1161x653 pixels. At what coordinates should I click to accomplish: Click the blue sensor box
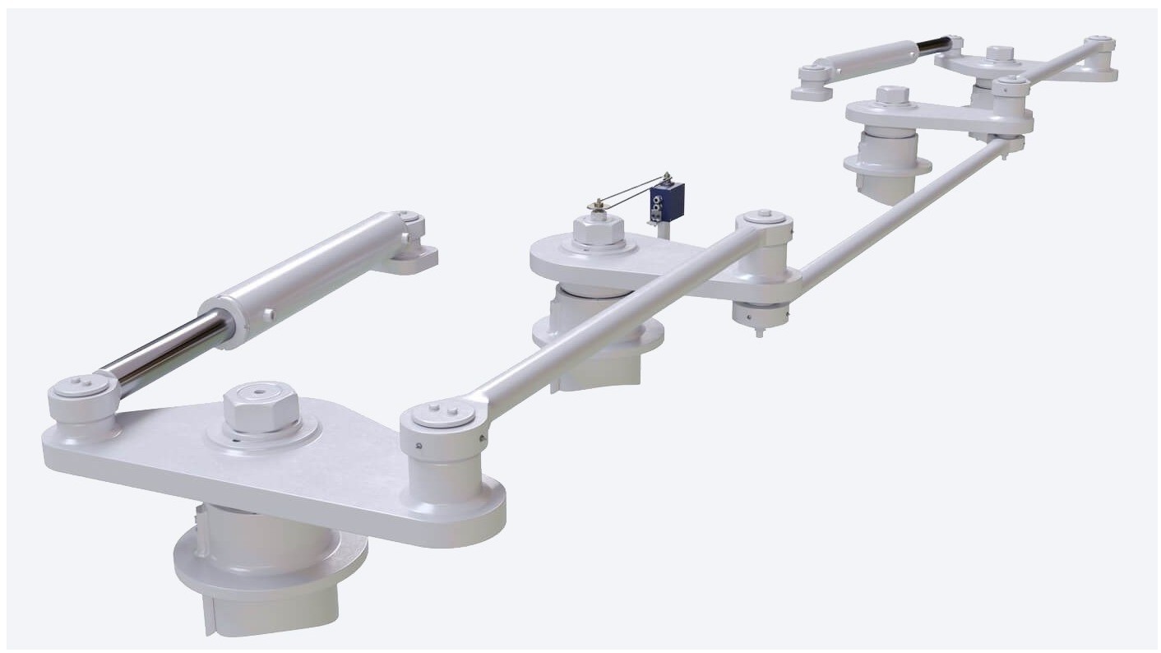point(667,202)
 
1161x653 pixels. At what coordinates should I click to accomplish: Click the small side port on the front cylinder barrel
point(268,314)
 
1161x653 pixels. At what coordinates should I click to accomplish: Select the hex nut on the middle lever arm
point(599,230)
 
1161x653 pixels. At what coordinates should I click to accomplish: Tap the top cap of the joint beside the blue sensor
point(765,217)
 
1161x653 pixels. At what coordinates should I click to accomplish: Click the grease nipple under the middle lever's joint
point(759,331)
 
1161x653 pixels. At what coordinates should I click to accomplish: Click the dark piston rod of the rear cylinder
point(932,47)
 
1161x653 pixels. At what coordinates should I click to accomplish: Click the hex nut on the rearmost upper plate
point(1000,53)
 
